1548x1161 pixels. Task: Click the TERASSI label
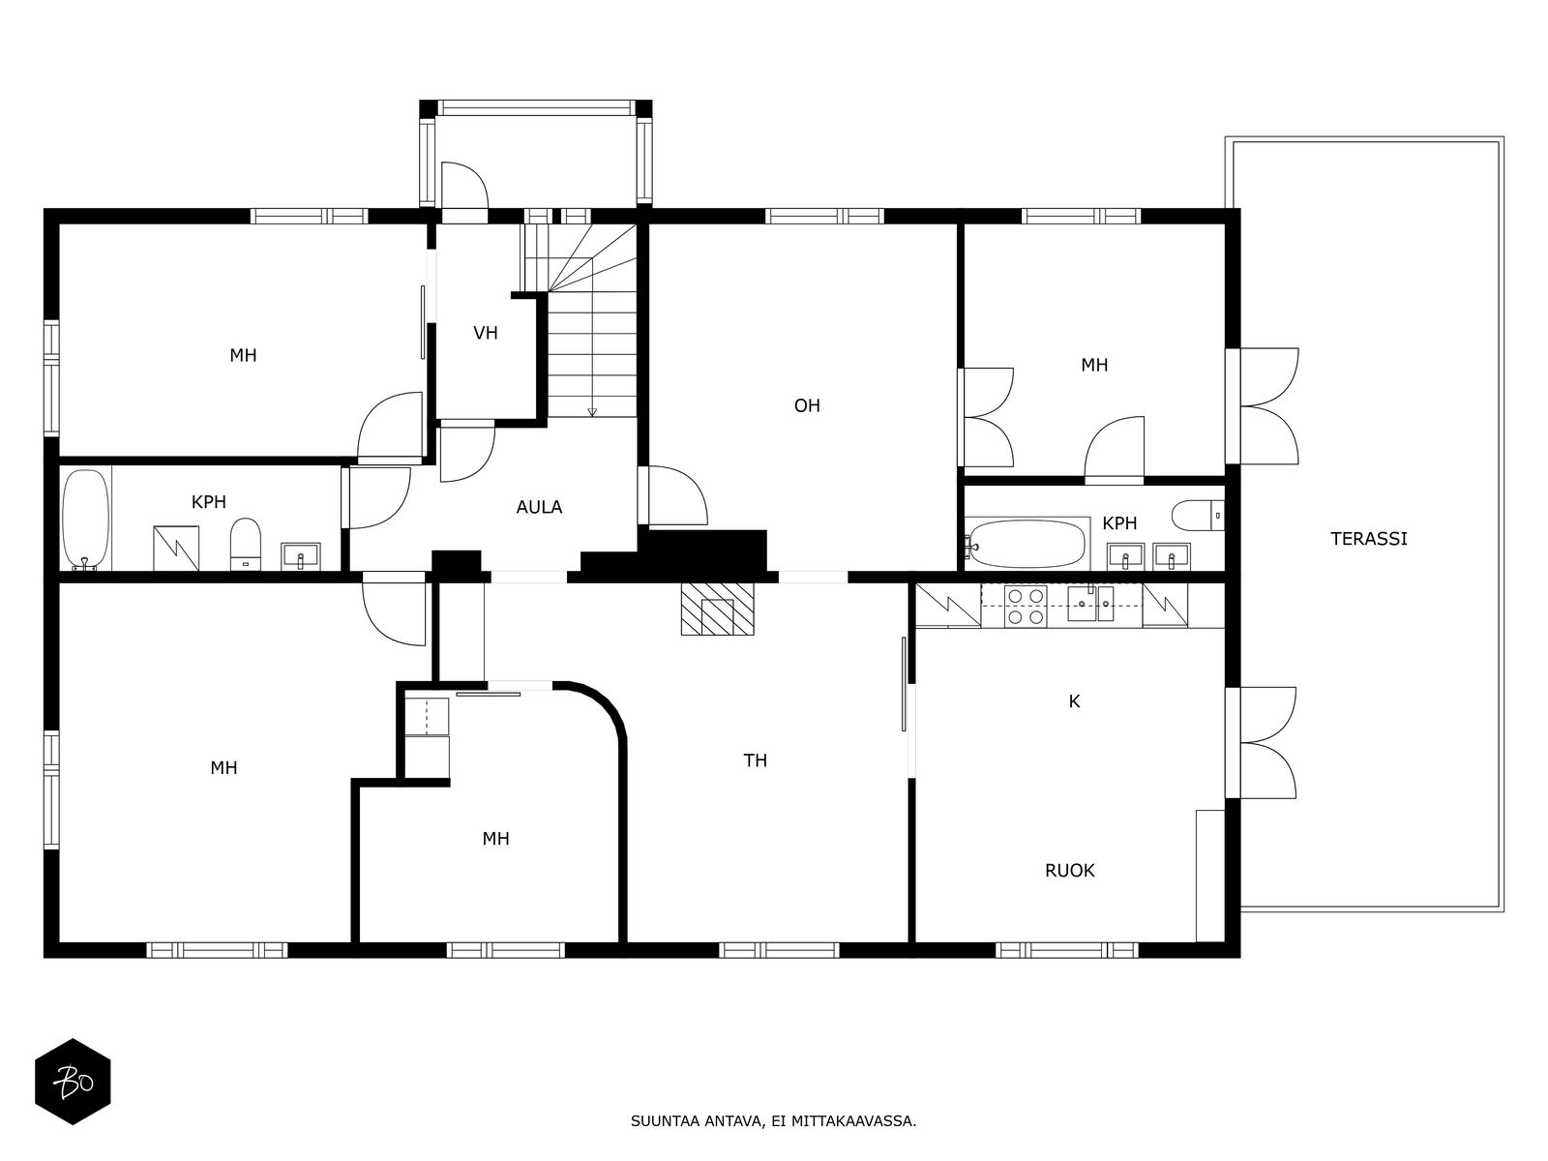click(x=1368, y=539)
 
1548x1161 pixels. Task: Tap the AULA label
click(x=539, y=508)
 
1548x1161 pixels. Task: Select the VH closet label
click(x=486, y=333)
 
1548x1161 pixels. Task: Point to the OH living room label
click(x=807, y=406)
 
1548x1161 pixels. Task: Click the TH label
click(x=755, y=760)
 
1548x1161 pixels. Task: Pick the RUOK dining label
click(x=1069, y=871)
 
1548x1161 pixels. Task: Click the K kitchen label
click(x=1074, y=701)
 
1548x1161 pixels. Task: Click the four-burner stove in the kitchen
click(x=1026, y=607)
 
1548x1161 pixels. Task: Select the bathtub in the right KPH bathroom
click(x=1027, y=544)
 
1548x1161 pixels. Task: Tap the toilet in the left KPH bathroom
click(x=246, y=544)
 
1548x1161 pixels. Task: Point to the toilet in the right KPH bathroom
click(x=1198, y=516)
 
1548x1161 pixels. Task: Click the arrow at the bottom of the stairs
click(x=592, y=412)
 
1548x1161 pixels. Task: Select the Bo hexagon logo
click(x=73, y=1082)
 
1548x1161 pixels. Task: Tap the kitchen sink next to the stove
click(x=1090, y=603)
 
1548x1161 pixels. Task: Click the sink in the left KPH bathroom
click(x=301, y=556)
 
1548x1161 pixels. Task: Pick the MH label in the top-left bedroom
click(x=243, y=355)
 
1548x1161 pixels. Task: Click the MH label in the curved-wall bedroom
click(x=495, y=839)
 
